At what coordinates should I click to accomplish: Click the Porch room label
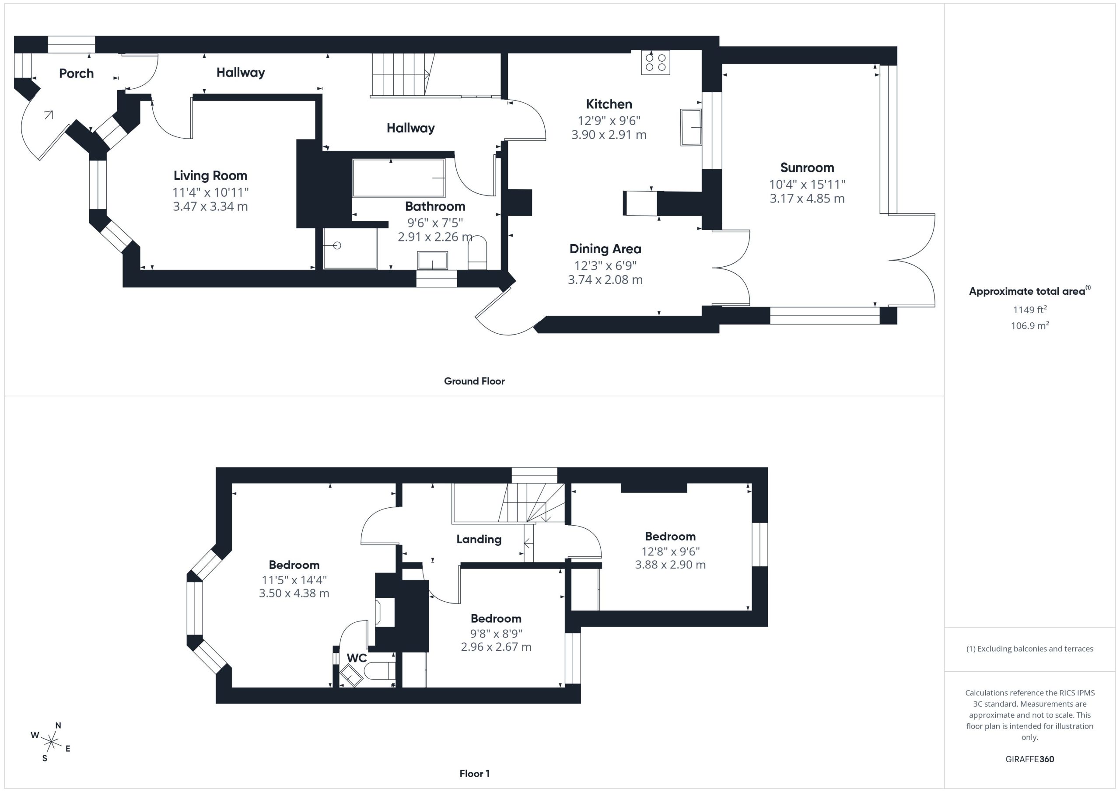coord(76,73)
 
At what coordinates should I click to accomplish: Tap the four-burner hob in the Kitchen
coord(655,63)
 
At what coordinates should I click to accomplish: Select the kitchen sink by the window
coord(691,127)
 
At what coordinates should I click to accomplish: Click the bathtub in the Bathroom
coord(399,178)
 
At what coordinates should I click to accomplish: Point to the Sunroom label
coord(807,168)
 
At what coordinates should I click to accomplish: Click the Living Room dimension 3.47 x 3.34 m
coord(210,206)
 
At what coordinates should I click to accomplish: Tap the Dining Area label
coord(605,249)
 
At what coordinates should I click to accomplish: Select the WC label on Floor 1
coord(357,658)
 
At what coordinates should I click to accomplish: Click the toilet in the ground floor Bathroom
coord(477,253)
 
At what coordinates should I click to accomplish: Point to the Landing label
coord(479,539)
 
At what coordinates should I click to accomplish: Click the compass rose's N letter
coord(58,725)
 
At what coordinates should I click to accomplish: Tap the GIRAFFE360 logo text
coord(1029,759)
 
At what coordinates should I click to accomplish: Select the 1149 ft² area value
coord(1029,309)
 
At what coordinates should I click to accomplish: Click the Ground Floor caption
coord(474,381)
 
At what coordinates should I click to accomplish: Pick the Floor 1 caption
coord(474,774)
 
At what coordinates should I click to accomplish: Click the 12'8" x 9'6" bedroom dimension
coord(670,551)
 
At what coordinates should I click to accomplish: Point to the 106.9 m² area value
coord(1029,325)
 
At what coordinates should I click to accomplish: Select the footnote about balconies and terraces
coord(1029,649)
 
